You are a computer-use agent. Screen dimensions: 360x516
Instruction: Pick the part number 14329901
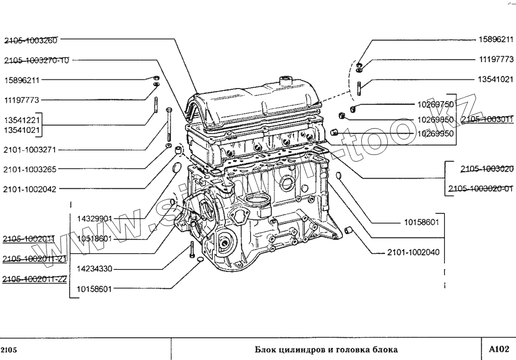tap(94, 219)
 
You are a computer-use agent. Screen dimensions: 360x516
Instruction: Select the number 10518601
tap(94, 239)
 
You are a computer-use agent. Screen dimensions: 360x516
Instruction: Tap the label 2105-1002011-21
tap(34, 260)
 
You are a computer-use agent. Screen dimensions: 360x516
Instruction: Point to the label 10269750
tap(434, 104)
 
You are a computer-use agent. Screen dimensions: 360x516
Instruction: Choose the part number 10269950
tap(434, 134)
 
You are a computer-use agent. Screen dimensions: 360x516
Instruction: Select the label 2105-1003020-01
tap(480, 189)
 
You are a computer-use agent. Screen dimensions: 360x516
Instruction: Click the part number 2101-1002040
tap(413, 253)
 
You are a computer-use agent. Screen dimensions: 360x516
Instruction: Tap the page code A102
tap(499, 348)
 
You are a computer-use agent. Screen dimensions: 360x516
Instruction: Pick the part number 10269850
tap(434, 119)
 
